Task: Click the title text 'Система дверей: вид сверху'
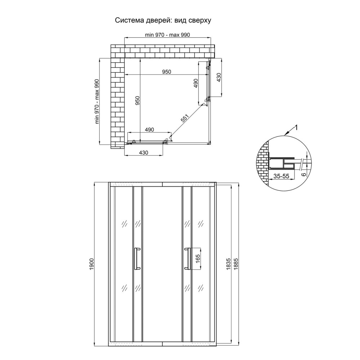163,21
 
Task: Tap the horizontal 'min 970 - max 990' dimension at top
167,35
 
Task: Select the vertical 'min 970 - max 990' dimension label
97,102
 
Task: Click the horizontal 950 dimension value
167,72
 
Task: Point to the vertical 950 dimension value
137,100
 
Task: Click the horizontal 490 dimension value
149,130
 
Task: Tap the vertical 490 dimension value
195,84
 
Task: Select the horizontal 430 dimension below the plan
144,153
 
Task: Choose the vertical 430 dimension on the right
219,77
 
